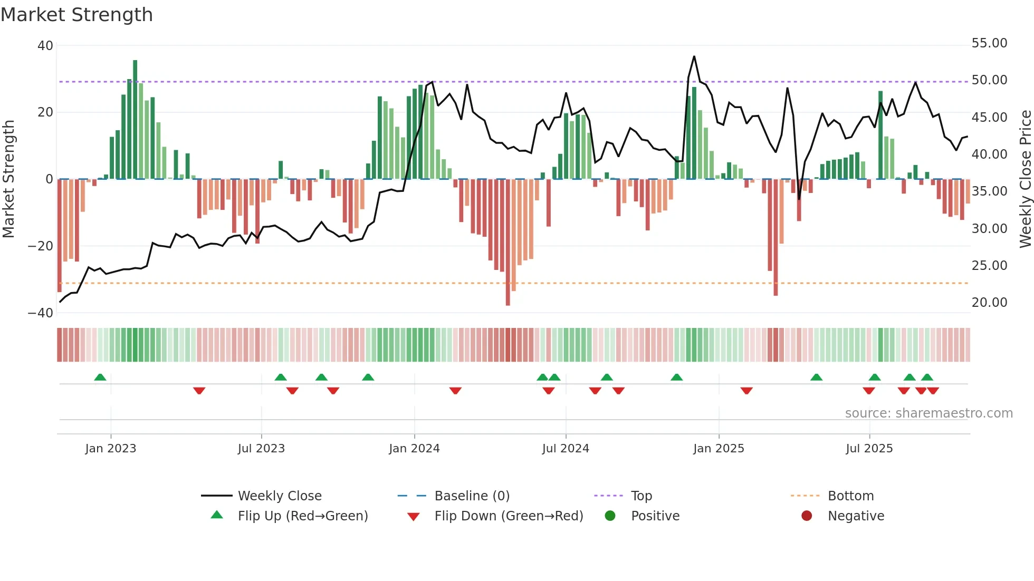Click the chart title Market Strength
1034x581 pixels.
(x=76, y=15)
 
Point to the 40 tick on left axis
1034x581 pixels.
(x=45, y=46)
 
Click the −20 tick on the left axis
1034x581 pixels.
(x=41, y=246)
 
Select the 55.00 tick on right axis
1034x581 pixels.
(x=989, y=43)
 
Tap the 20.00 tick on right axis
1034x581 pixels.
(x=989, y=303)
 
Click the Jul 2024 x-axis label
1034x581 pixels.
(x=565, y=449)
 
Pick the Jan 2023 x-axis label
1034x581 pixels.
(x=110, y=449)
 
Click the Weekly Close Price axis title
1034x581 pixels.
(x=1025, y=179)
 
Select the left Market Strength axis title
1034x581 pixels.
(x=8, y=179)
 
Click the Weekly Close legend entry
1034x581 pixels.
(x=279, y=496)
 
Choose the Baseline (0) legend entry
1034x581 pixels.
(x=472, y=496)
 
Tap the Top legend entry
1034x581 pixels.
(x=641, y=496)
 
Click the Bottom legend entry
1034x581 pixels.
(x=850, y=496)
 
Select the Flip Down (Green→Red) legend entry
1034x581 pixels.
(x=508, y=516)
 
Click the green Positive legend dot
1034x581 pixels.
(x=610, y=516)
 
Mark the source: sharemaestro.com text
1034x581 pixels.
(x=928, y=413)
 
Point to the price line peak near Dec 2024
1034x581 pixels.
(x=694, y=56)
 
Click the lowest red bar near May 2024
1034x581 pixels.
(x=508, y=243)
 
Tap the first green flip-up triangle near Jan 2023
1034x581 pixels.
(x=100, y=377)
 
